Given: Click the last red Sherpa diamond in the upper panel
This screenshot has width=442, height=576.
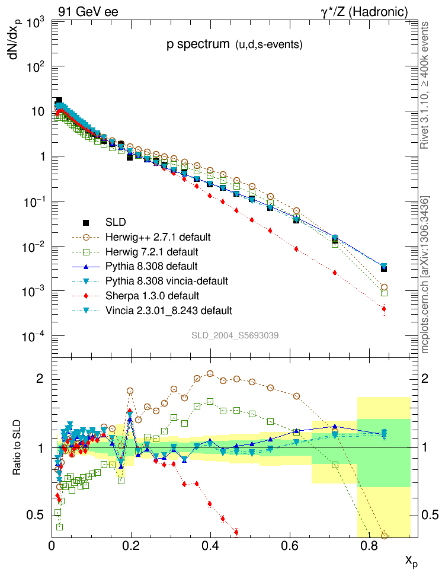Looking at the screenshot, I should tap(384, 309).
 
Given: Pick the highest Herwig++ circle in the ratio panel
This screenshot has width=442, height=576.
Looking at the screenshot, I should tap(210, 373).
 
